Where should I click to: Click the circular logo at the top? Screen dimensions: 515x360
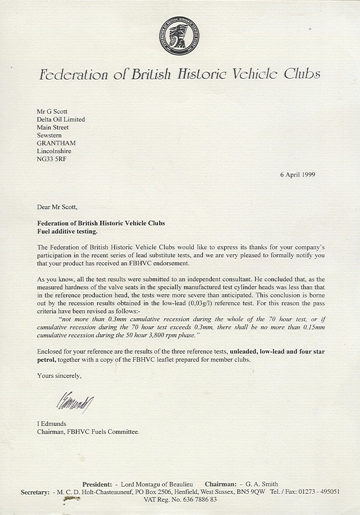point(179,36)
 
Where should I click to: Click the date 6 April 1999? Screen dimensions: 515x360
point(297,174)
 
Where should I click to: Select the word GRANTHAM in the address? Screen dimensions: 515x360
point(56,143)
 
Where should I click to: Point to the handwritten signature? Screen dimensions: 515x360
point(75,402)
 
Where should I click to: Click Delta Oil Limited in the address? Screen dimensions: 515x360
point(61,120)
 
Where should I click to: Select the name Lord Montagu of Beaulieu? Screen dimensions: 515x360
point(157,484)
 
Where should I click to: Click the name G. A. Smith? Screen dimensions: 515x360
point(262,484)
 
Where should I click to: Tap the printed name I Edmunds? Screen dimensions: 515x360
point(52,424)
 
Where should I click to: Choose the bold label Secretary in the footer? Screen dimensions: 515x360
point(35,492)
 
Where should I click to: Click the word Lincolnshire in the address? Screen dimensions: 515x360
point(54,151)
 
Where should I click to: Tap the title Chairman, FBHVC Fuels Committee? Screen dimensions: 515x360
point(88,432)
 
